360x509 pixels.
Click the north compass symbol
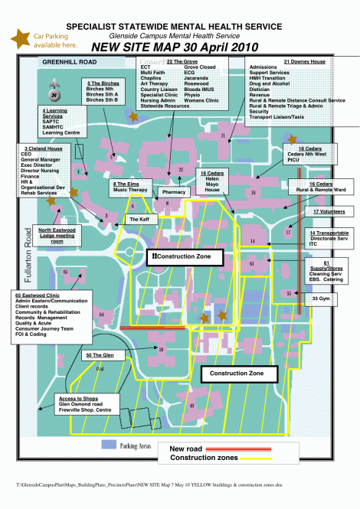pyautogui.click(x=55, y=93)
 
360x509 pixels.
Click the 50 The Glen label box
pyautogui.click(x=100, y=355)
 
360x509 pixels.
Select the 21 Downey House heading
pyautogui.click(x=304, y=61)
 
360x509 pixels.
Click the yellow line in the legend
pyautogui.click(x=265, y=458)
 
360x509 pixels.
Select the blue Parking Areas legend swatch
pyautogui.click(x=108, y=445)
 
